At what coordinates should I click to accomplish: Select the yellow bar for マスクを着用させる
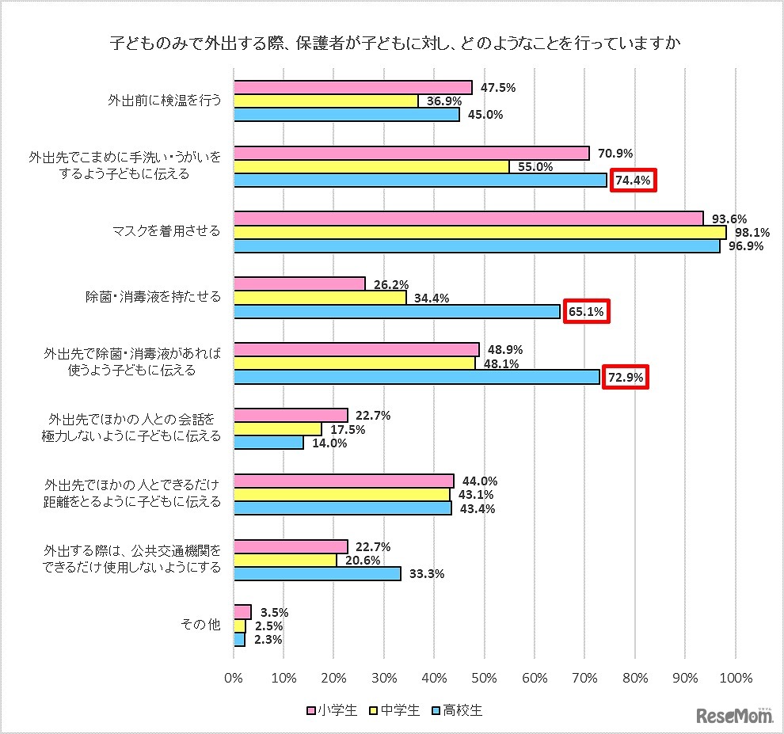pos(480,232)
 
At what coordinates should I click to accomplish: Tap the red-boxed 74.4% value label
pos(633,181)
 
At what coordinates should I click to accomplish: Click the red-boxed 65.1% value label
pos(587,312)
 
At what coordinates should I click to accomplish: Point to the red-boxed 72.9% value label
pos(626,377)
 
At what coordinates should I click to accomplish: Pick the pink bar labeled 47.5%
pos(353,88)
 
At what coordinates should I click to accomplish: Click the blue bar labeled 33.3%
pos(318,573)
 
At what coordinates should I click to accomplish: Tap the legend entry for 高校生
pos(458,710)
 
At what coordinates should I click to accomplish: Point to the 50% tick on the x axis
pos(484,678)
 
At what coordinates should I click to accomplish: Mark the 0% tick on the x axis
pos(234,678)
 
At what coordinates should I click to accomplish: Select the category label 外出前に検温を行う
pos(163,101)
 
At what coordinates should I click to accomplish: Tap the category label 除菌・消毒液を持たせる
pos(153,297)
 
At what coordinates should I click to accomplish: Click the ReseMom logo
pos(734,715)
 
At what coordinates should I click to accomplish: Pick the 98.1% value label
pos(747,232)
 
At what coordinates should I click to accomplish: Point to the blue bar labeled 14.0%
pos(269,443)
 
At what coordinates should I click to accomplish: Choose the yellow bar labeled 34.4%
pos(321,298)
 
